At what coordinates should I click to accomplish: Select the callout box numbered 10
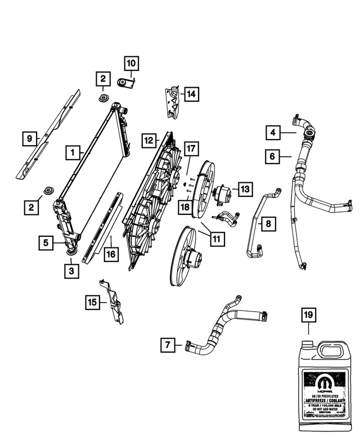tap(130, 64)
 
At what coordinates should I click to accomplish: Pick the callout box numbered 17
tap(191, 149)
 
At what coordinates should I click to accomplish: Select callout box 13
tap(245, 189)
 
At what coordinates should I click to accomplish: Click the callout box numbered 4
tap(273, 133)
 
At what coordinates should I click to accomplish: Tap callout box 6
tap(273, 156)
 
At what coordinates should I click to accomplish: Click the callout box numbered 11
tap(217, 238)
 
